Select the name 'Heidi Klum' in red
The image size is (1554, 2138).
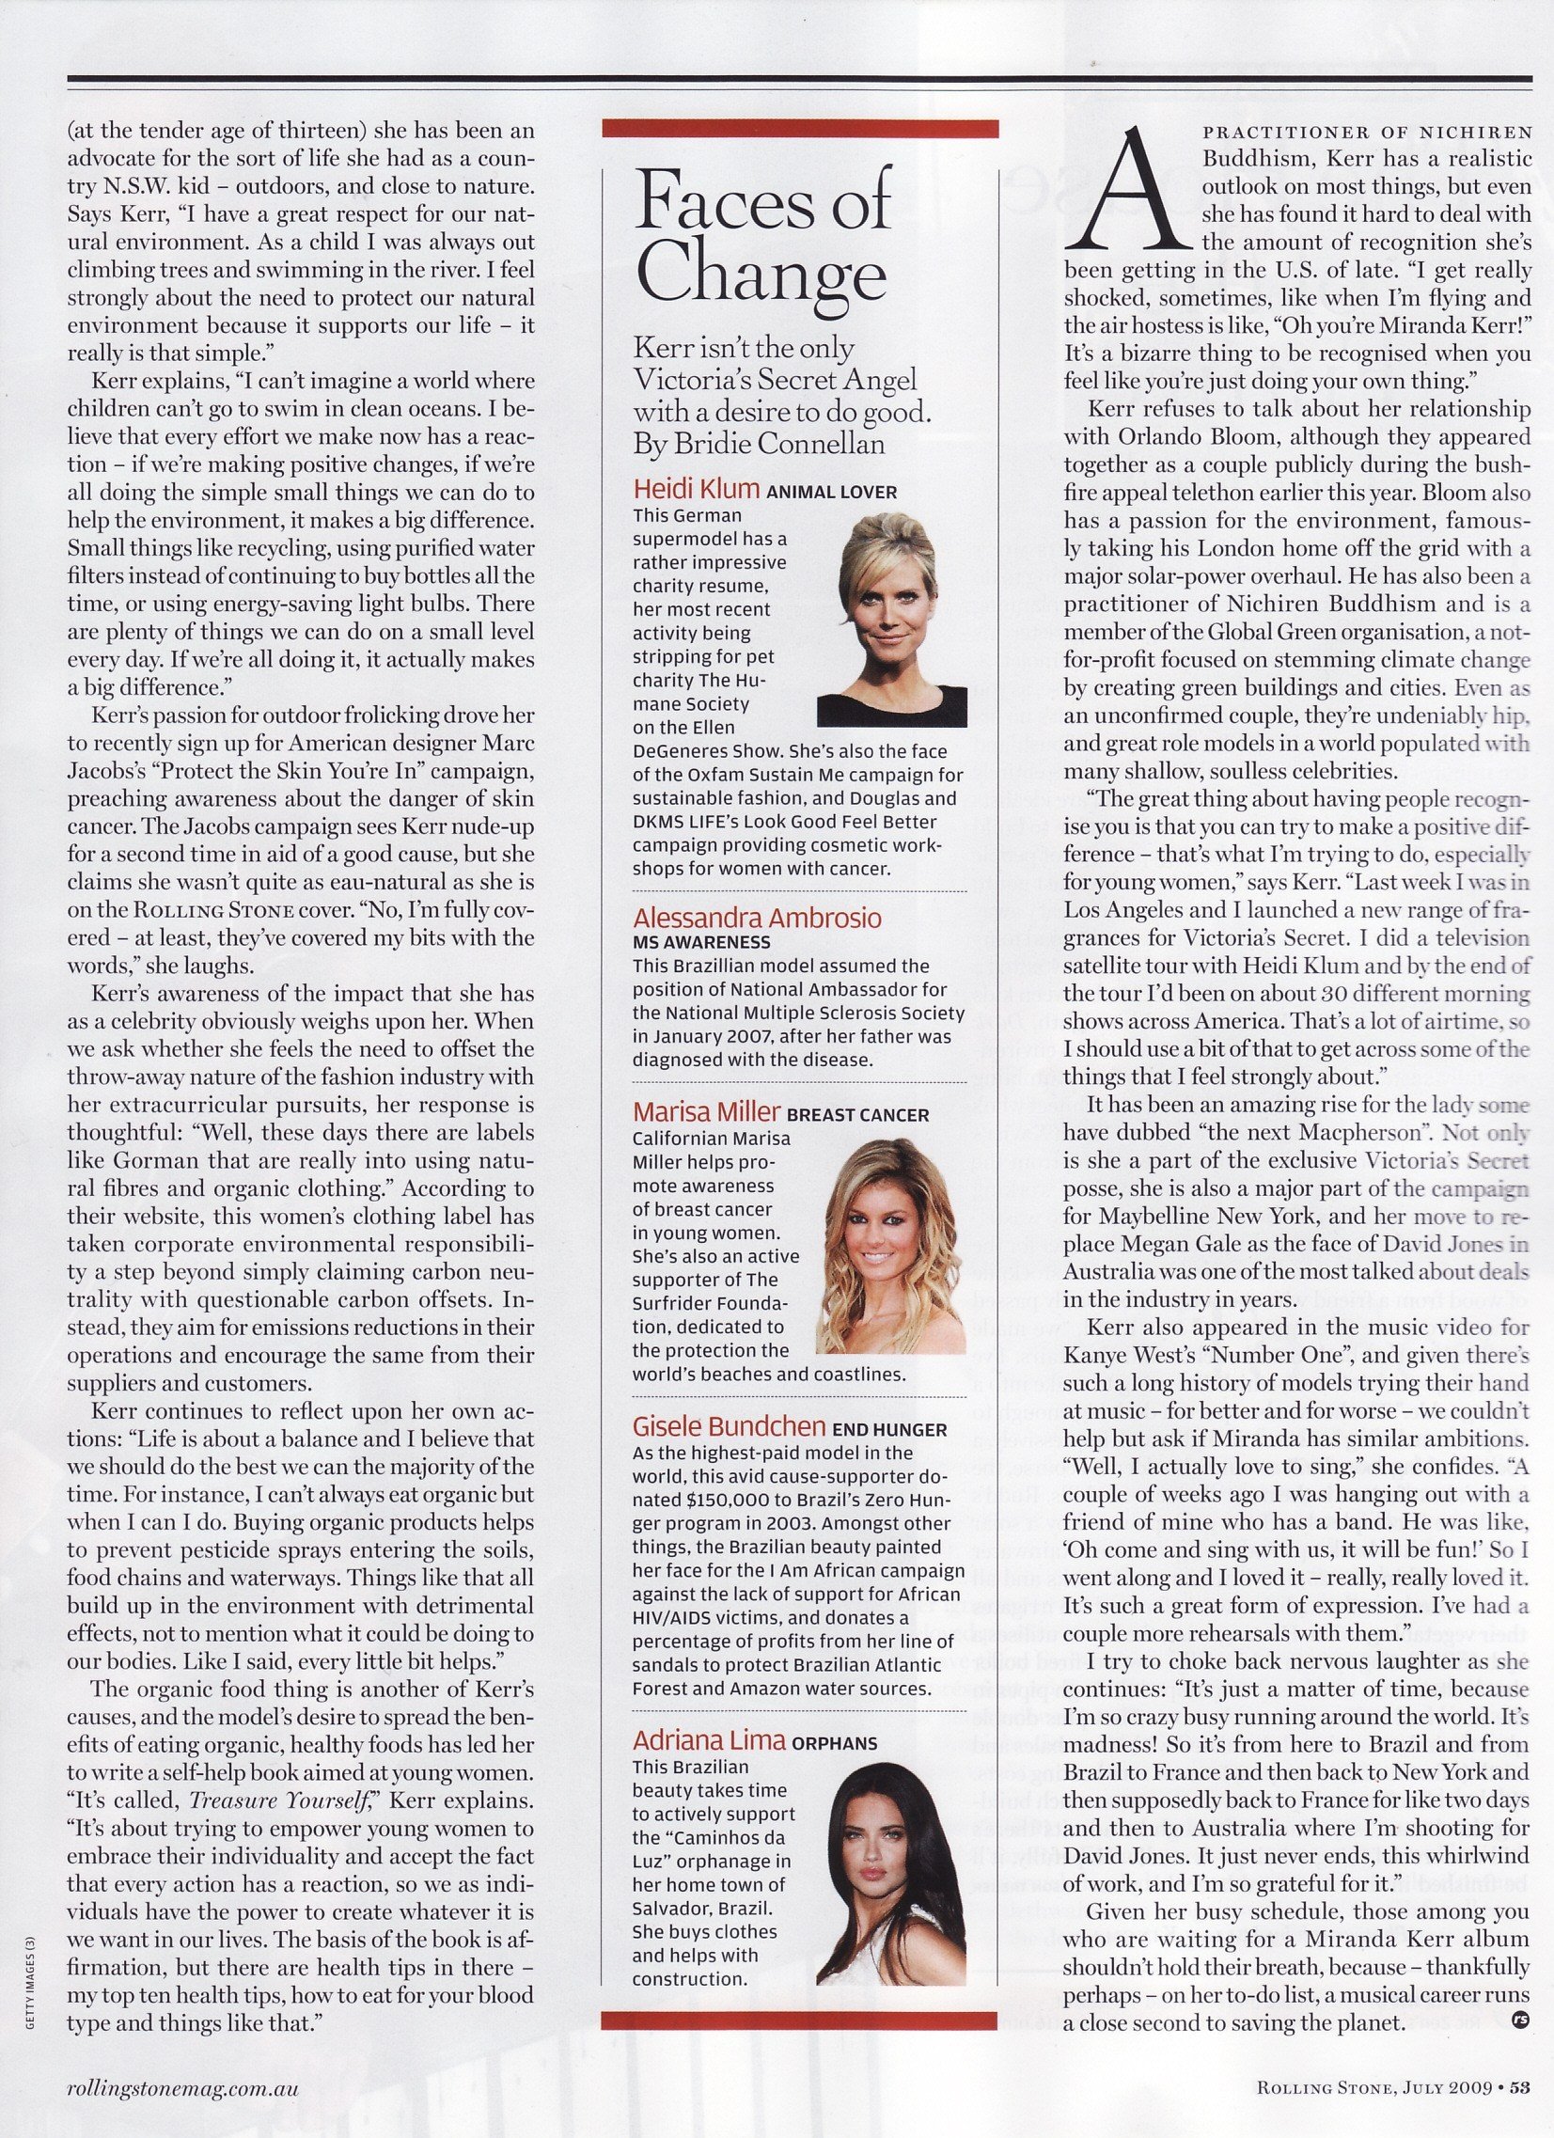point(696,490)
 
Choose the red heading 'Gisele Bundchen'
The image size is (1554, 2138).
point(730,1427)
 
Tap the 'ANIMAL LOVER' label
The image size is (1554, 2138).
point(831,493)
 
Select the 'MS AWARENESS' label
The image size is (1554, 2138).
point(700,942)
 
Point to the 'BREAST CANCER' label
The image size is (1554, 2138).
point(857,1115)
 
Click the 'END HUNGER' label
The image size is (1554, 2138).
point(889,1430)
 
